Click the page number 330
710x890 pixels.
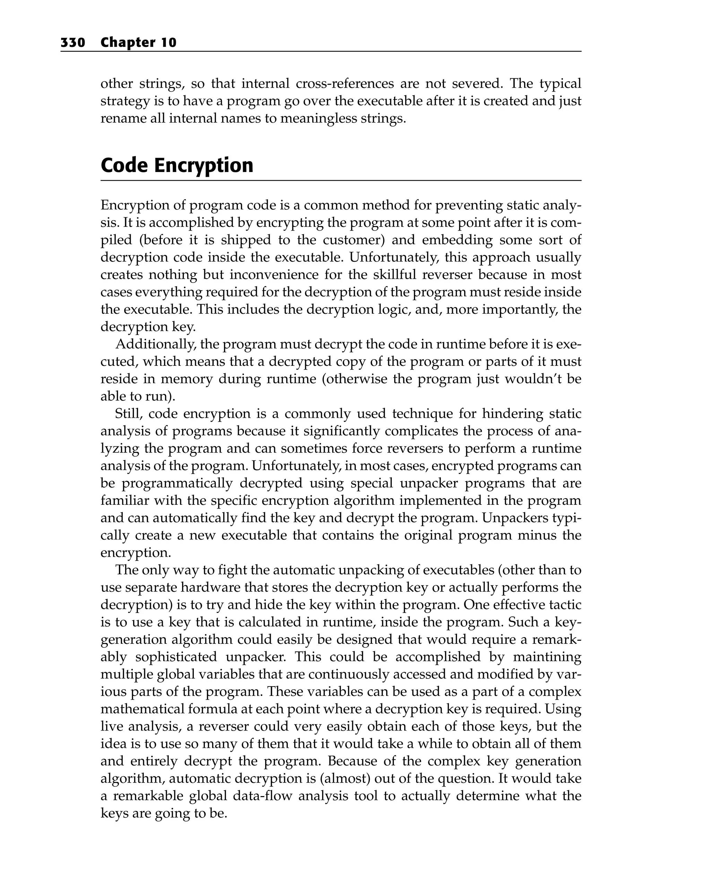coord(73,43)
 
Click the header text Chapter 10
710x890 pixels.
coord(138,43)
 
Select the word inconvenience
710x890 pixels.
coord(274,275)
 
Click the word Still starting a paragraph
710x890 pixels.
coord(128,414)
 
